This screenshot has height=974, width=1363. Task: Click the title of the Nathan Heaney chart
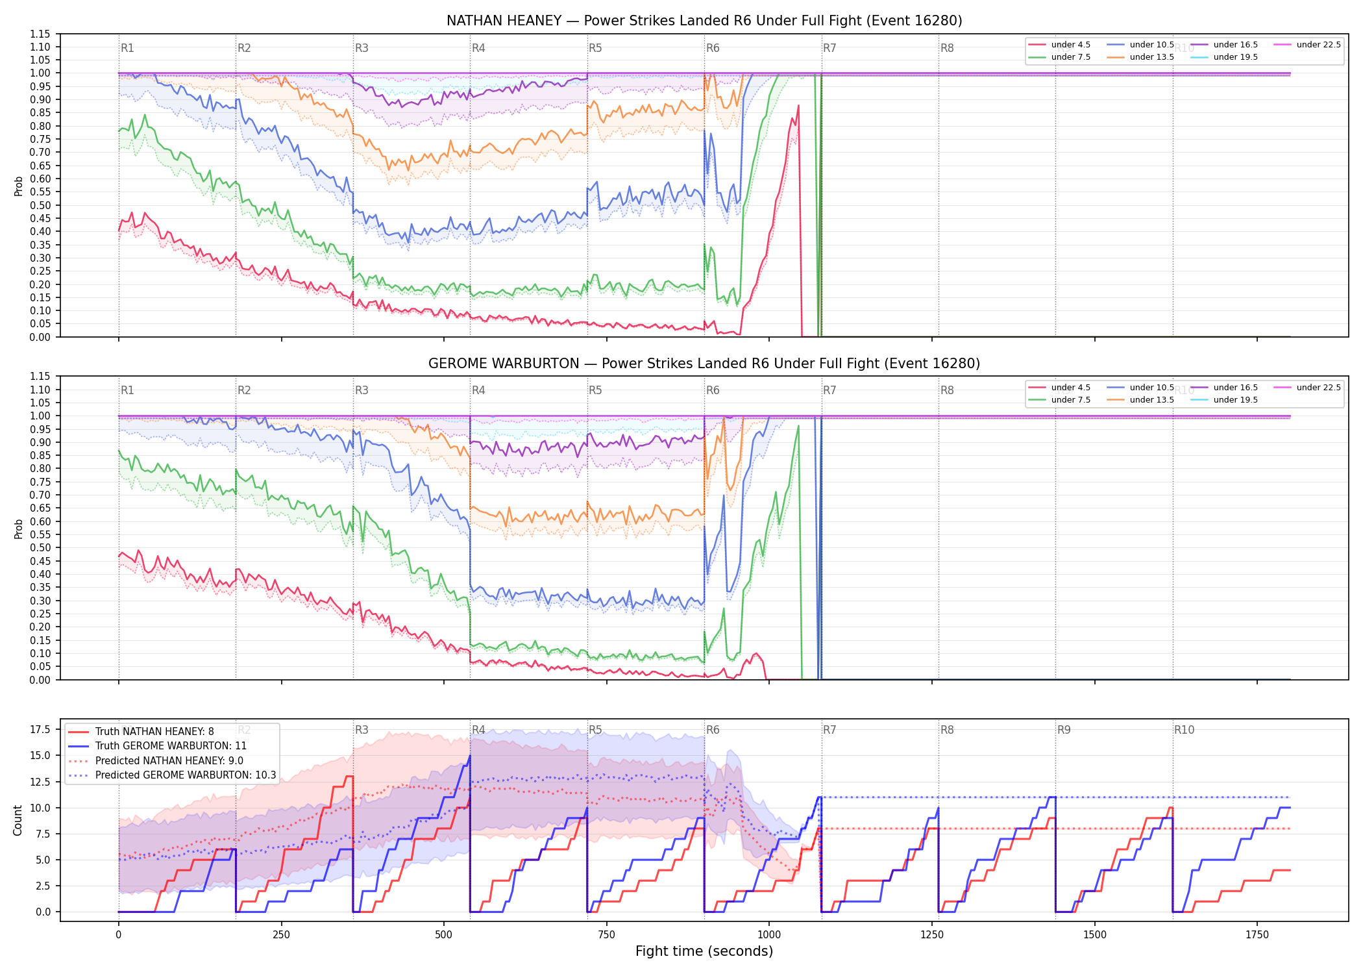point(704,21)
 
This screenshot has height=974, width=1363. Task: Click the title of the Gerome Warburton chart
point(704,364)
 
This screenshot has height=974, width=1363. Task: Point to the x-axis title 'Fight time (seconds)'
point(704,951)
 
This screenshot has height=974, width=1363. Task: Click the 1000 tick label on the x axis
point(769,935)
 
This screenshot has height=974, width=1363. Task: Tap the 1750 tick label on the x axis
point(1257,935)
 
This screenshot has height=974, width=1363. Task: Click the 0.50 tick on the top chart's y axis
point(40,205)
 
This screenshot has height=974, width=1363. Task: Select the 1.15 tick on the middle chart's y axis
point(40,377)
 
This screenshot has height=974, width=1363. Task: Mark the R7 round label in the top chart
point(829,48)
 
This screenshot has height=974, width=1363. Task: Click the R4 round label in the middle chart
point(478,390)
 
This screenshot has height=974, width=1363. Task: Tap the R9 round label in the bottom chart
point(1064,730)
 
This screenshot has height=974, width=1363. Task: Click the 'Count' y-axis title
point(18,820)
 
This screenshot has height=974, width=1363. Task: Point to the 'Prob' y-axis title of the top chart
point(18,186)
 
